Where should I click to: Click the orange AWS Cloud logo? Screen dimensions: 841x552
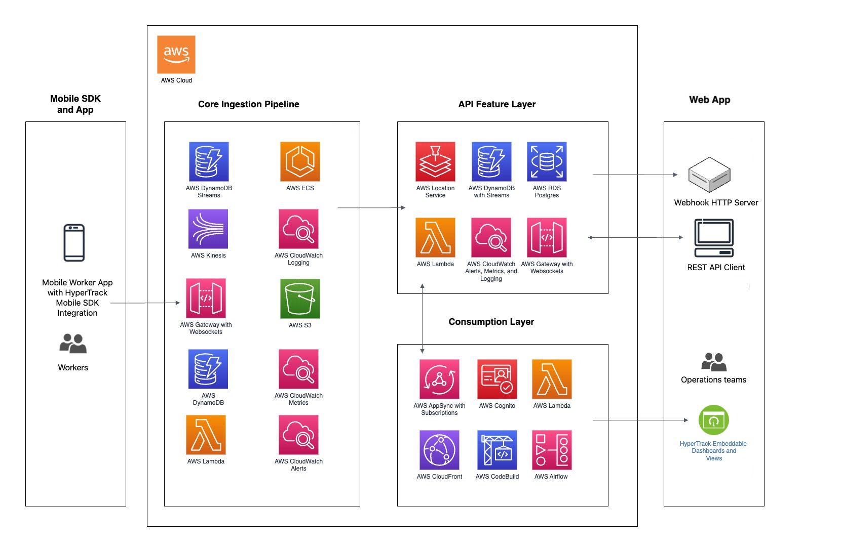(176, 54)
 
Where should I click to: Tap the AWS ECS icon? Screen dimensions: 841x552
(300, 161)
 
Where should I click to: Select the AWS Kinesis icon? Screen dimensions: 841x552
(208, 229)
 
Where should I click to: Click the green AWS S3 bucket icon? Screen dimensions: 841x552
(300, 299)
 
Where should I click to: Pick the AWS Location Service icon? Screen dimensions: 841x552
(435, 161)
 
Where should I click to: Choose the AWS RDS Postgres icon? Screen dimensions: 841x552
(547, 161)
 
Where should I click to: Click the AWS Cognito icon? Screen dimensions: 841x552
(497, 379)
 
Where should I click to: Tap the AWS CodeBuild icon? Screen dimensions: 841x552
(497, 450)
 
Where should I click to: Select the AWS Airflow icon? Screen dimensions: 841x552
(552, 450)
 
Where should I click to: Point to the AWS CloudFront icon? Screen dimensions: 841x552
(439, 450)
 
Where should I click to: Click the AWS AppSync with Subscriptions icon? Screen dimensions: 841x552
(439, 379)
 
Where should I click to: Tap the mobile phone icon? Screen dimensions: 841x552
(74, 243)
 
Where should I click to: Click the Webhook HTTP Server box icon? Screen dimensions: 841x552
(709, 175)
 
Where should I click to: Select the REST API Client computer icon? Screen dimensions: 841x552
(714, 238)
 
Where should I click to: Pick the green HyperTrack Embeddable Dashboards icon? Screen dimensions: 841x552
(714, 420)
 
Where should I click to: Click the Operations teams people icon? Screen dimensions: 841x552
(714, 362)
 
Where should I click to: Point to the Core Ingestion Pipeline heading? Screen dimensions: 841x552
(249, 104)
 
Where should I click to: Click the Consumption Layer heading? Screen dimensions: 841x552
(491, 322)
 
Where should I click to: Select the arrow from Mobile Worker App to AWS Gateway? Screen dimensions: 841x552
(145, 303)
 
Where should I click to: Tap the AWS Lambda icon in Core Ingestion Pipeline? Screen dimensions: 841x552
(206, 435)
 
